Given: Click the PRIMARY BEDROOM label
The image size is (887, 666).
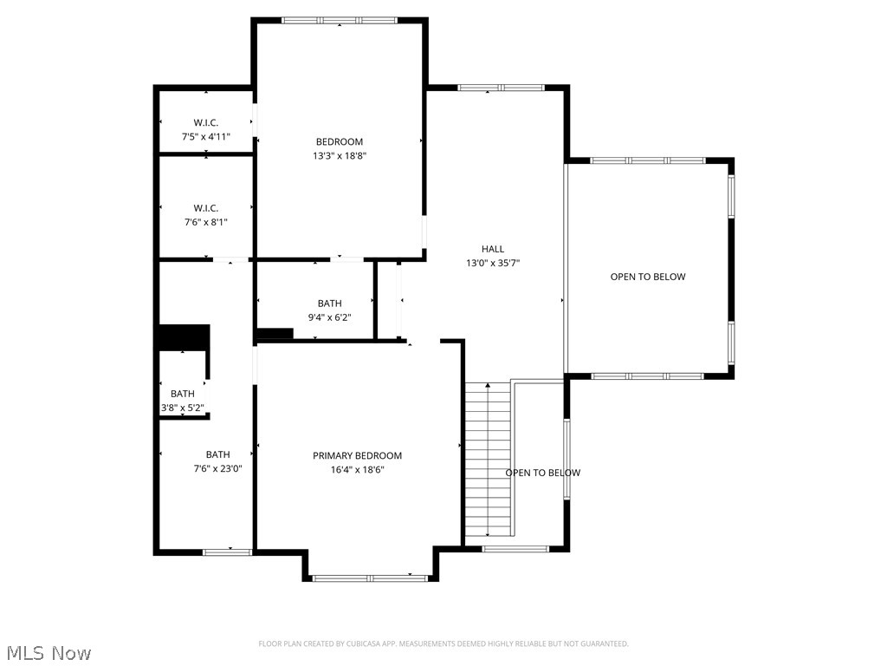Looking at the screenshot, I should click(357, 455).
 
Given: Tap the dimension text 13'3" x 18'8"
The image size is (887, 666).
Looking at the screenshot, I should click(339, 156).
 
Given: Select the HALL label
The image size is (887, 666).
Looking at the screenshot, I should click(493, 249).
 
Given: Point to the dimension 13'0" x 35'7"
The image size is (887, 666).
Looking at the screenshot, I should click(493, 263).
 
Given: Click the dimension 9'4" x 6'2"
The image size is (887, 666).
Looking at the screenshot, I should click(329, 317).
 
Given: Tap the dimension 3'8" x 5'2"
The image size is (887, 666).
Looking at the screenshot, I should click(182, 408).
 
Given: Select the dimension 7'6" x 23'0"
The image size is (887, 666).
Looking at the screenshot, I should click(217, 468).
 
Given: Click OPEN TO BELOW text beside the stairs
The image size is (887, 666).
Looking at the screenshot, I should click(543, 473).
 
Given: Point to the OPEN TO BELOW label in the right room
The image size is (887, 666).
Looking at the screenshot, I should click(648, 277).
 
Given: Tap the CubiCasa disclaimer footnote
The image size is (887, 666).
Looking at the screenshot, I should click(443, 643).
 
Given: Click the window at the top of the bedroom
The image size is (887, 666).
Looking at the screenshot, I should click(339, 20).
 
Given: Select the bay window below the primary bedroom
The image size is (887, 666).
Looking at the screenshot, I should click(370, 577).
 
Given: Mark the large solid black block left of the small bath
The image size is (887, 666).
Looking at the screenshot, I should click(183, 336).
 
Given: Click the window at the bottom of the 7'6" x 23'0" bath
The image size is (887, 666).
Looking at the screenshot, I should click(227, 552).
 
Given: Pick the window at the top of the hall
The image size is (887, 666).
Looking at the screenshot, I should click(501, 88).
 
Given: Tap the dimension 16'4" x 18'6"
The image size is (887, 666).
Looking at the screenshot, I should click(357, 469).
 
